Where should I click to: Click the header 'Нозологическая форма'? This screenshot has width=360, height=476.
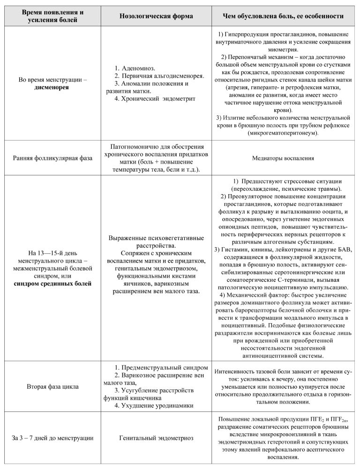(156, 16)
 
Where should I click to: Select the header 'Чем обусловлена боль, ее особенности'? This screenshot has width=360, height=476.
(284, 16)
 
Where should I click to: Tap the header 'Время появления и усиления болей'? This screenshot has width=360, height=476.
(52, 16)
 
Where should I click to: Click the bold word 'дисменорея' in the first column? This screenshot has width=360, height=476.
(52, 88)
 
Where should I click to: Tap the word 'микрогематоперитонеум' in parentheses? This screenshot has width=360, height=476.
(284, 133)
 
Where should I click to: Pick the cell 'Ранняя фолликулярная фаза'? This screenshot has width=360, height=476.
(52, 158)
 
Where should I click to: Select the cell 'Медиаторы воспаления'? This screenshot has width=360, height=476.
(283, 158)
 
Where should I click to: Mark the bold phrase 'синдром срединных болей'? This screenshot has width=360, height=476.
(52, 284)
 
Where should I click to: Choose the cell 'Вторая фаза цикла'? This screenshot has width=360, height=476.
(52, 387)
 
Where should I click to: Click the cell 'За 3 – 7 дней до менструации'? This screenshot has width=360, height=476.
(52, 438)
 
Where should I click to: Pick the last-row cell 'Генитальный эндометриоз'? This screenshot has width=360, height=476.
(156, 438)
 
